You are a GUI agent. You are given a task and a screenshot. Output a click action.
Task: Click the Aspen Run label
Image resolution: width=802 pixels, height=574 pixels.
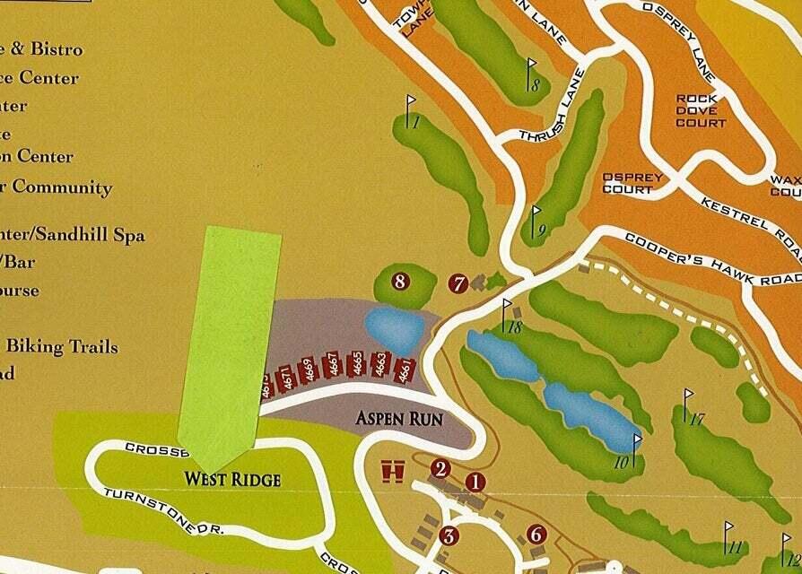pos(399,418)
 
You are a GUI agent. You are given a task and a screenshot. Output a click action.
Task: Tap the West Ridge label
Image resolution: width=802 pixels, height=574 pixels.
pos(232,480)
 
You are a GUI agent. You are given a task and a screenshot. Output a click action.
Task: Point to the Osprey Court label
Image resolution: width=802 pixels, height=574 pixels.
pos(632,183)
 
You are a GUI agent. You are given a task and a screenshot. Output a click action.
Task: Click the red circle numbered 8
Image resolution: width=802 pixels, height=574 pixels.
pos(400,282)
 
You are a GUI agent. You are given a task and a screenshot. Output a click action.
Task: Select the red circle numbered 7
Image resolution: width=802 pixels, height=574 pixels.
pos(458,284)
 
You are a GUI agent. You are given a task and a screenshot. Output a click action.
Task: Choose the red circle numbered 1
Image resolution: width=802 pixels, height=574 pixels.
pos(475,482)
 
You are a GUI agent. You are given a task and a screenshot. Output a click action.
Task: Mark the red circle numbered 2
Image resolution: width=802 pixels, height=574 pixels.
pos(440,468)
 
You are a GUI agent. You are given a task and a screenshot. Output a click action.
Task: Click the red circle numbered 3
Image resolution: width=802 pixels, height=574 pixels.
pos(449,536)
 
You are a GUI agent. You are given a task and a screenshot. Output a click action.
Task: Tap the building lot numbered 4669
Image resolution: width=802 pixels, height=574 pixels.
pos(308,370)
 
